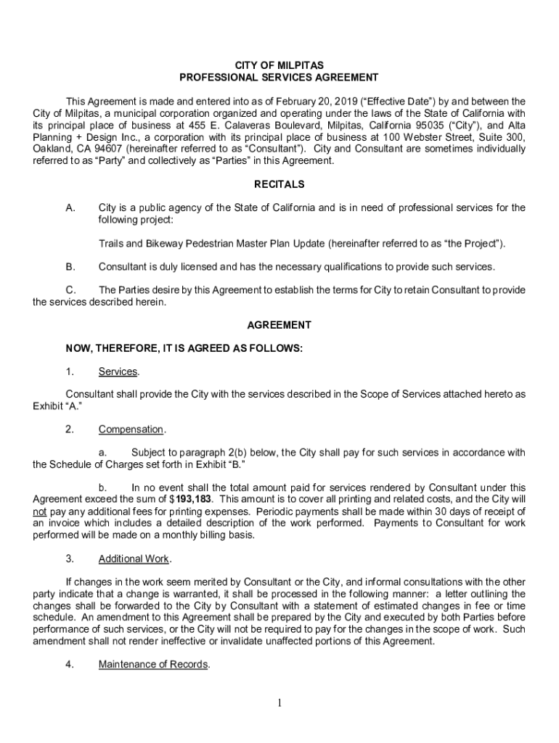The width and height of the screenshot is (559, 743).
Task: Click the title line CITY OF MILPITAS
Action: (x=279, y=65)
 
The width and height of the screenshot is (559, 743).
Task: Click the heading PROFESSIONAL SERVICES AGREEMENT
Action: (x=279, y=77)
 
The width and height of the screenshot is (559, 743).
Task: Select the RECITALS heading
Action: (x=279, y=184)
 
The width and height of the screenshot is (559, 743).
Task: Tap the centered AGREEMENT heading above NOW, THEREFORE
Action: (x=279, y=325)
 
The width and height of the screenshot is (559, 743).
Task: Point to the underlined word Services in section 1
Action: (x=118, y=372)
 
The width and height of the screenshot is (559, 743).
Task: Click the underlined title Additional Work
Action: (x=134, y=559)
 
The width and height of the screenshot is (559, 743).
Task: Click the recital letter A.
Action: (x=70, y=208)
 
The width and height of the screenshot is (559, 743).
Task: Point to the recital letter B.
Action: (x=70, y=266)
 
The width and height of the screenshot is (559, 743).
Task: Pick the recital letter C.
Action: (x=70, y=290)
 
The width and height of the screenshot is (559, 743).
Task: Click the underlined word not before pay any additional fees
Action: (x=41, y=512)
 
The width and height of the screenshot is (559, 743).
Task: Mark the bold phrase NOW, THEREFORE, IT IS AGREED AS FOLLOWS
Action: (x=184, y=348)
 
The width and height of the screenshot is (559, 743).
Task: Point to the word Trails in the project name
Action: (x=111, y=242)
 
